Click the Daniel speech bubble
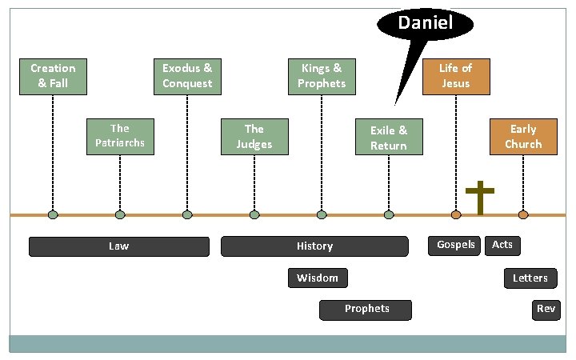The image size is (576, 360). (x=424, y=23)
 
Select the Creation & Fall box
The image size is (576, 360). (x=53, y=76)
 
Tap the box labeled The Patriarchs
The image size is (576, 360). (x=120, y=136)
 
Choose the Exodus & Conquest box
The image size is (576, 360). (x=187, y=76)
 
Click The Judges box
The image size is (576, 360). (x=254, y=137)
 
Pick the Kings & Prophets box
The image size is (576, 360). (x=322, y=76)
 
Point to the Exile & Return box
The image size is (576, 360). (x=389, y=138)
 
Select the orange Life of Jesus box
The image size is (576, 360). (x=455, y=76)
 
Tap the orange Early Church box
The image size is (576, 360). (x=523, y=137)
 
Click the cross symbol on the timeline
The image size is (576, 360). (x=480, y=198)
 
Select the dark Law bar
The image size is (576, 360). (x=119, y=246)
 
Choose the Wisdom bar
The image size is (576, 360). (x=318, y=278)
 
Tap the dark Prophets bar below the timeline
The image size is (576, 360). (x=366, y=309)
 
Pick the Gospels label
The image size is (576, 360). (x=456, y=245)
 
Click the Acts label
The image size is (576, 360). (x=502, y=245)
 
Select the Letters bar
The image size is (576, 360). (x=530, y=278)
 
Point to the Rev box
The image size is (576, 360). (x=546, y=309)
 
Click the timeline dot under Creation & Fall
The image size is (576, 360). (x=53, y=214)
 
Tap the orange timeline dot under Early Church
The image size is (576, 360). (x=523, y=214)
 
